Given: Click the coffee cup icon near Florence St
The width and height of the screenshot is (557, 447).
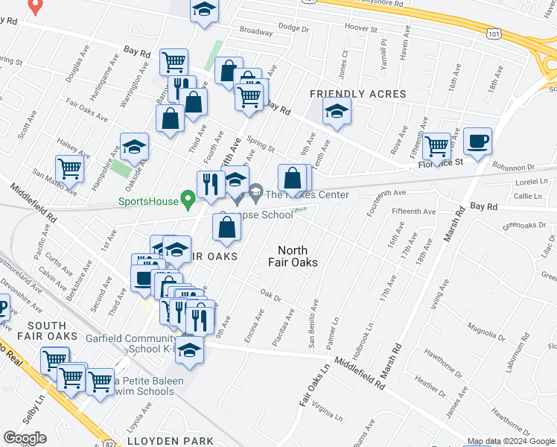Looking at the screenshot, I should (477, 140).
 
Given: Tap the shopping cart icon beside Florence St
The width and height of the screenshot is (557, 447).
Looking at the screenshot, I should (436, 145).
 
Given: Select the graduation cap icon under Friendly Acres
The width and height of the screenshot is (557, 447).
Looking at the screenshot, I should (337, 112).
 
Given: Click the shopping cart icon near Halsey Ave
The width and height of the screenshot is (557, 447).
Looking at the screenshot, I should (70, 168).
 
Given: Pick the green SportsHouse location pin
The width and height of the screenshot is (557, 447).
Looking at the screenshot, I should (189, 199).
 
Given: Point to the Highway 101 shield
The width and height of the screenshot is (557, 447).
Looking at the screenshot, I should (494, 33).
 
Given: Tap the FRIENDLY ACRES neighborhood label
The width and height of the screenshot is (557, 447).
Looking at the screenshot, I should (357, 94).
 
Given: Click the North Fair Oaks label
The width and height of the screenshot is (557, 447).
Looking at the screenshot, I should (298, 256).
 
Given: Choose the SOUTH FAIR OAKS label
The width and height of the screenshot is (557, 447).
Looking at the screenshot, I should (52, 331).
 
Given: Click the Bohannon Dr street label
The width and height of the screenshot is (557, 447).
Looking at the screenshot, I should (513, 168).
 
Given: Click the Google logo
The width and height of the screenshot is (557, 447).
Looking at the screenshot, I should (25, 438).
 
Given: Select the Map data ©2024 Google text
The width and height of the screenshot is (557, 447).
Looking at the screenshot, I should (511, 441).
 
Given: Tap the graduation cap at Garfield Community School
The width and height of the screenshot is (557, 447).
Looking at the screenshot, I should (190, 350).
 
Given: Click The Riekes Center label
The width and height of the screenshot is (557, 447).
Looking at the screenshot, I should (297, 196).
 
